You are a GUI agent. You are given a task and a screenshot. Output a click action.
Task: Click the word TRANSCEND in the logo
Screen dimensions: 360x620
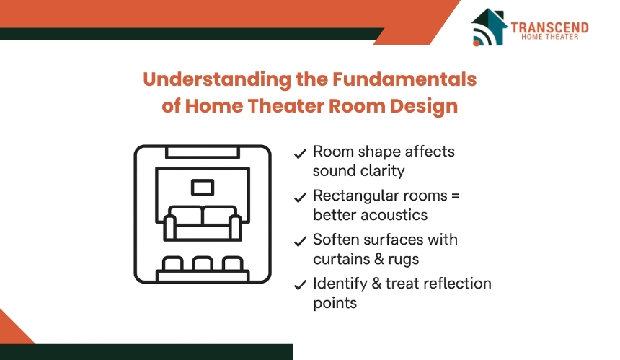click(x=549, y=27)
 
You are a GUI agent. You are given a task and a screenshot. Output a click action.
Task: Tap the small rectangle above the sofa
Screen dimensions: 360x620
click(x=203, y=188)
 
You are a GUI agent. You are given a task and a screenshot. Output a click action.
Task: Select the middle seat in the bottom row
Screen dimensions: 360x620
click(x=203, y=264)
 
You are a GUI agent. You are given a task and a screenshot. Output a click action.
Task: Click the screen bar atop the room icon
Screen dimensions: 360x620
click(x=203, y=152)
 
